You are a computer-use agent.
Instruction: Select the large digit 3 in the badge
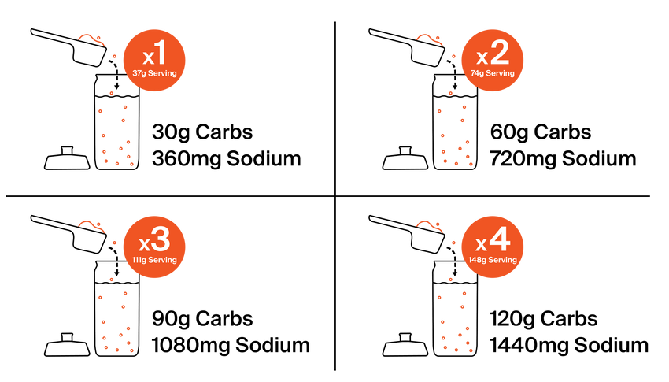[160, 239]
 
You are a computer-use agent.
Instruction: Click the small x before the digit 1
[147, 58]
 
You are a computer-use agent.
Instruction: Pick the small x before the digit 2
[482, 58]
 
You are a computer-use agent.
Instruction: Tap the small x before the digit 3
[145, 244]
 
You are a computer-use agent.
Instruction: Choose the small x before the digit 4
[482, 244]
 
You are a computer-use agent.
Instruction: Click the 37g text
[139, 73]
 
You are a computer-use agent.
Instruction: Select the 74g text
[477, 73]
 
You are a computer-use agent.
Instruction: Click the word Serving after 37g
[162, 73]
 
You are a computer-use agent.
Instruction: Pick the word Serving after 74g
[500, 73]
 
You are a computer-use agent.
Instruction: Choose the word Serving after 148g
[503, 260]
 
